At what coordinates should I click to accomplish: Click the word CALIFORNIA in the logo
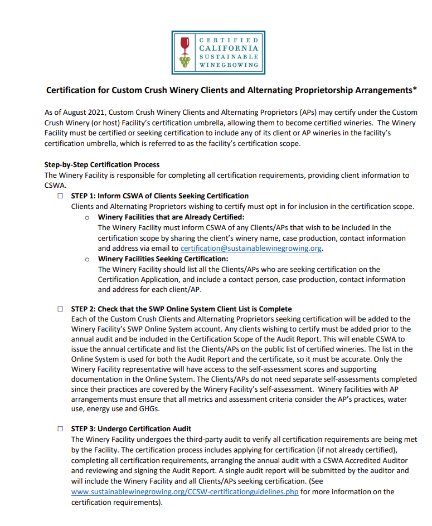point(229,48)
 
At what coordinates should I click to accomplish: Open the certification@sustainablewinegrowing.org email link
point(251,249)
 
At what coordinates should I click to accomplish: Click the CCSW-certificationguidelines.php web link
point(185,492)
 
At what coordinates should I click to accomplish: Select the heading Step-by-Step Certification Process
point(101,165)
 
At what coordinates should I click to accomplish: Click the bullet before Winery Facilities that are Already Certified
point(87,217)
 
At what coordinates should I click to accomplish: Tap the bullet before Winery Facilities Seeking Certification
point(87,259)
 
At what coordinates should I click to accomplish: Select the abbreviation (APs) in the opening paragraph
point(322,113)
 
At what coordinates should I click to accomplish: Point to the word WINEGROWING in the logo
point(229,65)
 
